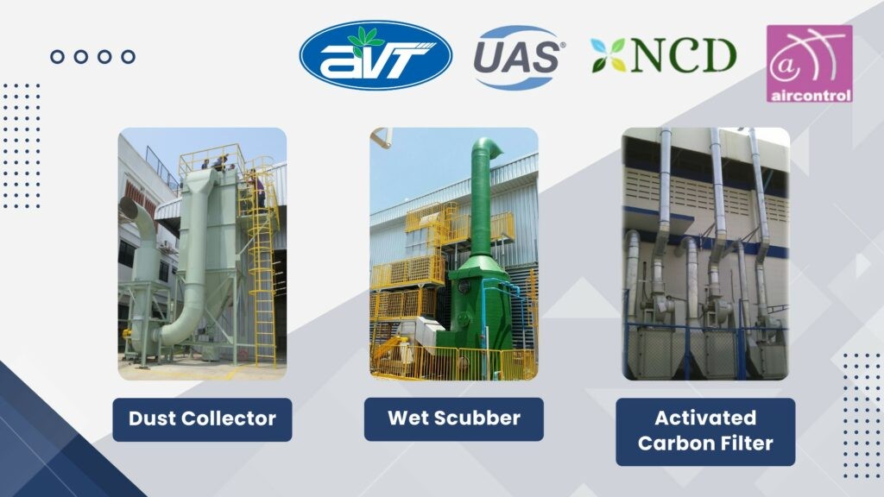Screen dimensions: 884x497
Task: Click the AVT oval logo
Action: point(376,55)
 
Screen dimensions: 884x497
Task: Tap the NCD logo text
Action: point(684,55)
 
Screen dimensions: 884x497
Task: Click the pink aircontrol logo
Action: point(809,63)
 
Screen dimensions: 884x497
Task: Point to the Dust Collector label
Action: point(202,419)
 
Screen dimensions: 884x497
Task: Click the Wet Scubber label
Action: point(454,418)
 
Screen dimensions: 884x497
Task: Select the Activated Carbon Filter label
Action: point(705,431)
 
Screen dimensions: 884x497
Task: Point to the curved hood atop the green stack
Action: point(489,147)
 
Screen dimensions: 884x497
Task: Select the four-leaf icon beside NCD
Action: point(609,55)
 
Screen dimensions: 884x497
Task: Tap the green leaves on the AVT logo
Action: point(365,38)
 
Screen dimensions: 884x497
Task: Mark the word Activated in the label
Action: point(705,418)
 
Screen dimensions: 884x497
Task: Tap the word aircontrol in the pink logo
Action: point(810,95)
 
